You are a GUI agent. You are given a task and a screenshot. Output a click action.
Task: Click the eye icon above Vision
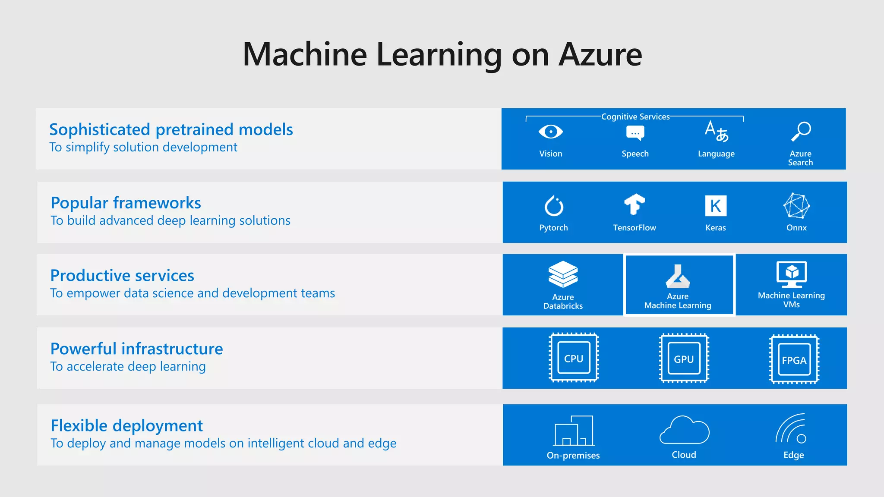point(550,132)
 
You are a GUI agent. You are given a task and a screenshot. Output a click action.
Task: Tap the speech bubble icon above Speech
point(635,133)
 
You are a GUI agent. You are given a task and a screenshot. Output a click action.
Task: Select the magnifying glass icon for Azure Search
point(801,132)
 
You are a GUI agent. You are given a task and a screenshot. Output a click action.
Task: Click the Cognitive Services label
point(635,117)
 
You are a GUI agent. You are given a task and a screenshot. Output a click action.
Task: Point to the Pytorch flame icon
point(553,206)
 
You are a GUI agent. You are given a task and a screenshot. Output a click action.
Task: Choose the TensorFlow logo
point(634,204)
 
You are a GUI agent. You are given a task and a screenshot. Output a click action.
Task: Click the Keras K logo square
point(716,206)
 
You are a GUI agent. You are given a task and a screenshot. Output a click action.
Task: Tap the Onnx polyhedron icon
point(796,206)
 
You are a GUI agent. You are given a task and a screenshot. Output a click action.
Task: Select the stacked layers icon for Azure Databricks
point(563,274)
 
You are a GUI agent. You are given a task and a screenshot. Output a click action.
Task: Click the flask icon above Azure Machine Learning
point(678,277)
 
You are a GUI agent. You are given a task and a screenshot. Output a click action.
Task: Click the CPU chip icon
point(574,358)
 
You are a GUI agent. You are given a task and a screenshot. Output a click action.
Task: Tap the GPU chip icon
point(684,359)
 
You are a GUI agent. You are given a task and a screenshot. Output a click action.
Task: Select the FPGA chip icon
point(794,359)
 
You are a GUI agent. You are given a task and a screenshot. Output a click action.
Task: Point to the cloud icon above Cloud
point(684,431)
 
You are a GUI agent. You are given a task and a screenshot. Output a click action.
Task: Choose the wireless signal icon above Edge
point(791,429)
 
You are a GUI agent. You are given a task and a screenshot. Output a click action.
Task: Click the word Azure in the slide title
point(600,55)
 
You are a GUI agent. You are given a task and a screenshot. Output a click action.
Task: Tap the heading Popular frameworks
point(126,203)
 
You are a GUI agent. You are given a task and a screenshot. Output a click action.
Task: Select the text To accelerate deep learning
point(128,366)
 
